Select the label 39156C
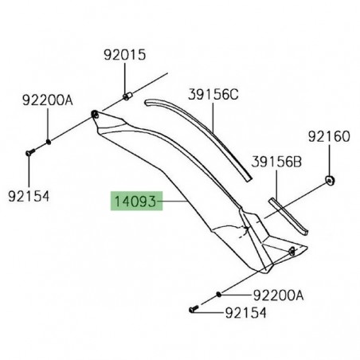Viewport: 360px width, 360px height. pos(213,94)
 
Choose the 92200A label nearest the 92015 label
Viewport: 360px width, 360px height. pos(47,100)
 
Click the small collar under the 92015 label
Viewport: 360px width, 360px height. pos(127,97)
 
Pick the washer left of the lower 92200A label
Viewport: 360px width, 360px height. pos(218,294)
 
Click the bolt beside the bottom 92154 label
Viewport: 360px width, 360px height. pos(193,308)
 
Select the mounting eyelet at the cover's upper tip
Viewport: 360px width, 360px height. pos(96,115)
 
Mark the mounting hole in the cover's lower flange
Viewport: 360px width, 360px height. pos(292,251)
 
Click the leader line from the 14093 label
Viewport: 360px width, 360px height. pos(173,203)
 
